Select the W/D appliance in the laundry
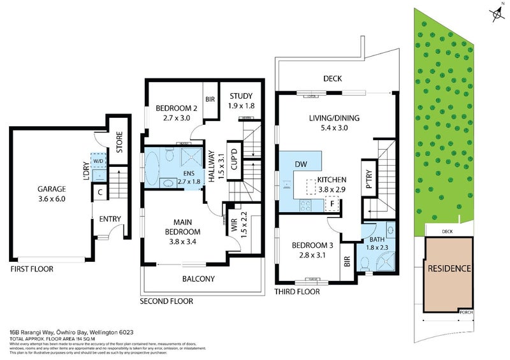tap(98, 162)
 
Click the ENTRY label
tap(110, 219)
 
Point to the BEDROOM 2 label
tap(177, 108)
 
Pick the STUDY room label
tap(242, 97)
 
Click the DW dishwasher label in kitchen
tap(301, 165)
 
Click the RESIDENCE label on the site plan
tap(449, 269)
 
